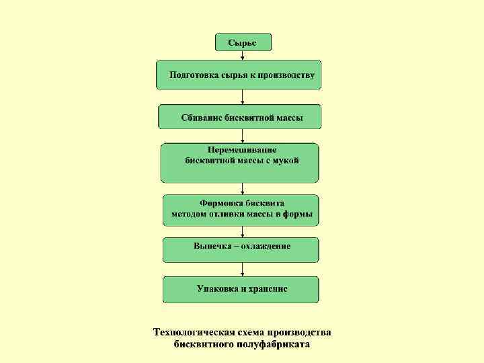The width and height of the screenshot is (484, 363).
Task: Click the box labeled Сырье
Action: pyautogui.click(x=242, y=42)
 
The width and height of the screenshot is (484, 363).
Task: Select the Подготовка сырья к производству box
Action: pyautogui.click(x=239, y=75)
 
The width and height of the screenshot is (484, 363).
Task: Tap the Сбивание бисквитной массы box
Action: pyautogui.click(x=240, y=116)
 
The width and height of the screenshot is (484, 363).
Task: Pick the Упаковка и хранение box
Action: pyautogui.click(x=241, y=289)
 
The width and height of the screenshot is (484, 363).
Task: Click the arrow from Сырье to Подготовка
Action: pyautogui.click(x=242, y=56)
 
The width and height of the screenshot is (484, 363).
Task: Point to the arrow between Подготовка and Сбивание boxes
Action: pyautogui.click(x=242, y=97)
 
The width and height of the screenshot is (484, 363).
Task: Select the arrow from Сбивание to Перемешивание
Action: pyautogui.click(x=242, y=136)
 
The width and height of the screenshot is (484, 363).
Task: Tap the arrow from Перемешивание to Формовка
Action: pyautogui.click(x=242, y=189)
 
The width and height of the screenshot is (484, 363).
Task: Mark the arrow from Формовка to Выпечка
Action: pyautogui.click(x=242, y=231)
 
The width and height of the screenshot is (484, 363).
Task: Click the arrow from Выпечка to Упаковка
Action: pyautogui.click(x=242, y=269)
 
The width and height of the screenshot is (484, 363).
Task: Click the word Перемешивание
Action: pyautogui.click(x=242, y=150)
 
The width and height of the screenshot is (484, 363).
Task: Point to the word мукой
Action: pyautogui.click(x=285, y=161)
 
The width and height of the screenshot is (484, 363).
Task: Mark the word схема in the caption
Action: pyautogui.click(x=250, y=333)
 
